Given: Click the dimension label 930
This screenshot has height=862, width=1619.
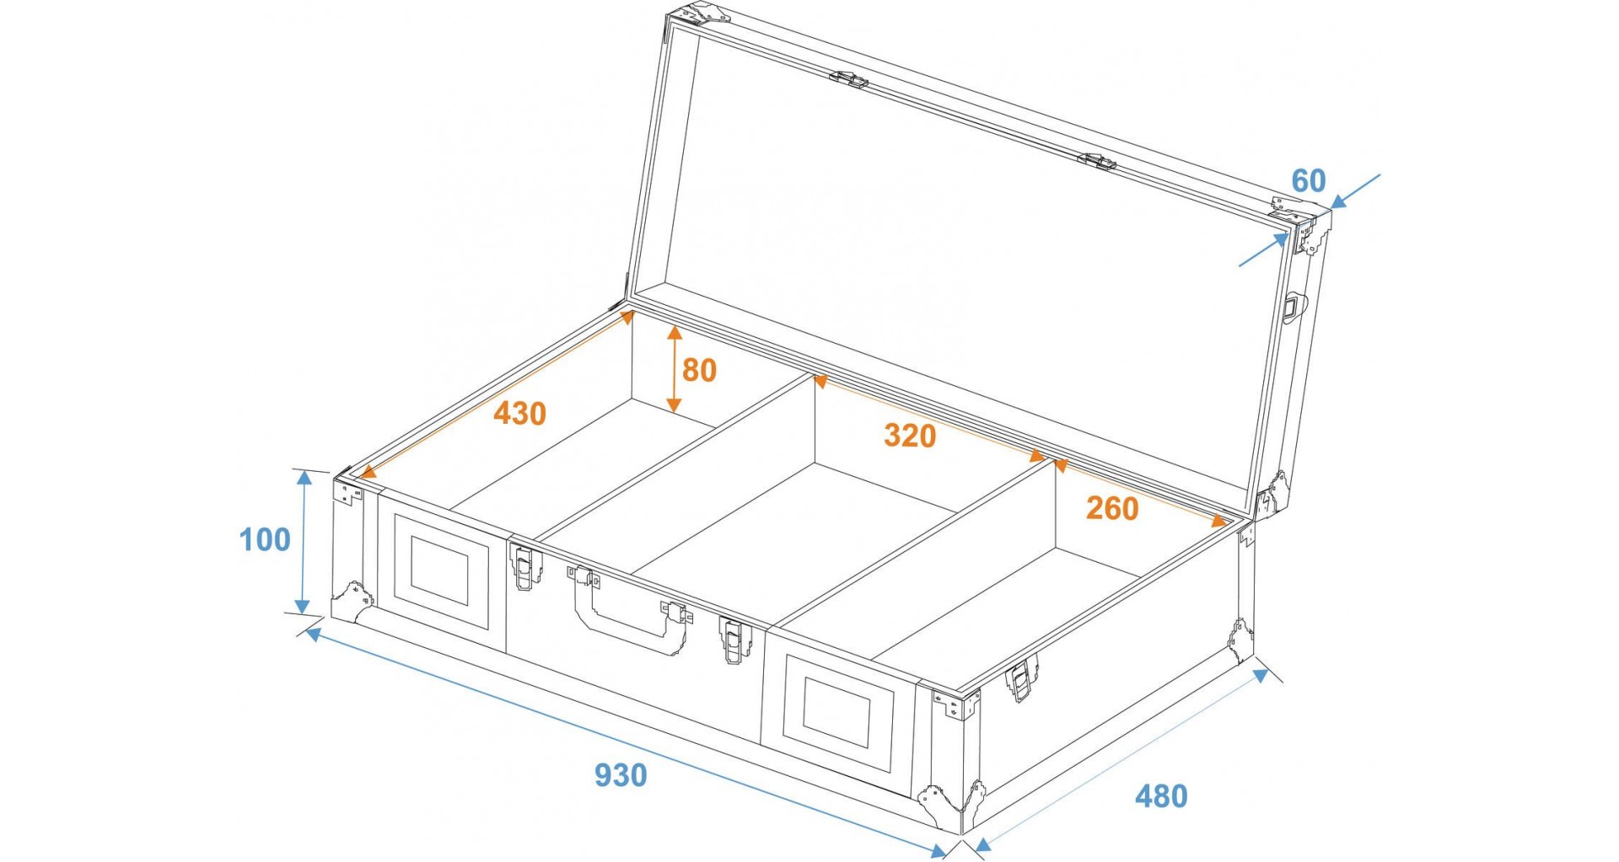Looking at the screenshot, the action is (621, 775).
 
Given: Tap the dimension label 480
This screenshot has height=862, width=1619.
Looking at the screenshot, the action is (1161, 796).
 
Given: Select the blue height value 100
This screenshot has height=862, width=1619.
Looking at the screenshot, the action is (265, 539).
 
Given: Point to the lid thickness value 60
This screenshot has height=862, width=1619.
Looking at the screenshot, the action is (1309, 181).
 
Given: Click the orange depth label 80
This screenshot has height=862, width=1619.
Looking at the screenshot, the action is (699, 370).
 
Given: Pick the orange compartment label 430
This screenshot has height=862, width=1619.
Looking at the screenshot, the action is (520, 414).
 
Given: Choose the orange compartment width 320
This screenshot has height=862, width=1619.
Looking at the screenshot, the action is (910, 436).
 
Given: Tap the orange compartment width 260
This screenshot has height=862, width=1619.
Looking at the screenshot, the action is (1112, 508).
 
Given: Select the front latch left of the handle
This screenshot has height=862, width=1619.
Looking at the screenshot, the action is (525, 565).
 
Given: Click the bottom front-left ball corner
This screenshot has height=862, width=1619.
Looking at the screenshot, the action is (352, 601).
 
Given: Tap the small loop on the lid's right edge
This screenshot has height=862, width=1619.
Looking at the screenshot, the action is (1291, 307).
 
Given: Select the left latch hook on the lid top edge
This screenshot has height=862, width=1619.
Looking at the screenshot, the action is (848, 79).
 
